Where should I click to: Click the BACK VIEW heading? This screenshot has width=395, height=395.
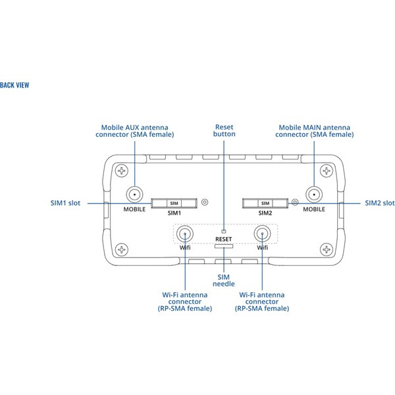14,85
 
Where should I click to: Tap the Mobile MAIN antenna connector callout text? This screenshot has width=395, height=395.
314,130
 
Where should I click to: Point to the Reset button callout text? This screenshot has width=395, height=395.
224,130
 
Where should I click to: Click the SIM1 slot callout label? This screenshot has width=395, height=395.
65,203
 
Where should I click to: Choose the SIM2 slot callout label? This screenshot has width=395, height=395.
380,203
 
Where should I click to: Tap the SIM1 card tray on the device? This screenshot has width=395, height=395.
174,203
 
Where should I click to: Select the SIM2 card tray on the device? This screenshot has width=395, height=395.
265,203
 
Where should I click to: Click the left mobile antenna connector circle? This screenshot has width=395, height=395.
134,195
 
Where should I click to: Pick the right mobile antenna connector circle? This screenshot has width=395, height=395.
314,195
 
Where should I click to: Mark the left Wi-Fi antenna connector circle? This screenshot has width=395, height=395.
186,234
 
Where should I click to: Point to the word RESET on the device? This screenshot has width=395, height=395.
224,240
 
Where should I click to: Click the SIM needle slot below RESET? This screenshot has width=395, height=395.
224,248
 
